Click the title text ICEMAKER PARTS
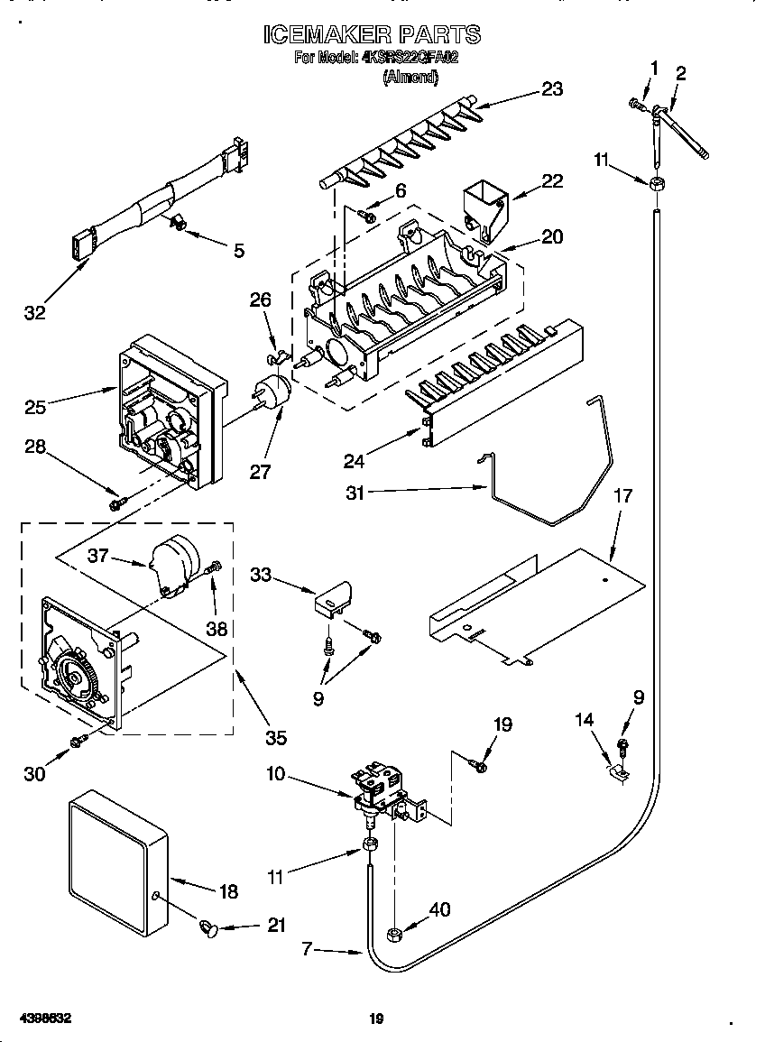(372, 35)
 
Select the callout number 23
(551, 88)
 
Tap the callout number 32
(35, 313)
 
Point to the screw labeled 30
(78, 741)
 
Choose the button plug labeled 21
(209, 927)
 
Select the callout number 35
(276, 738)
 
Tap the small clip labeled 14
(620, 772)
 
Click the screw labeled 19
(480, 766)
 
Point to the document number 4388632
(43, 1019)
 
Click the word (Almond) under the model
(410, 78)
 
